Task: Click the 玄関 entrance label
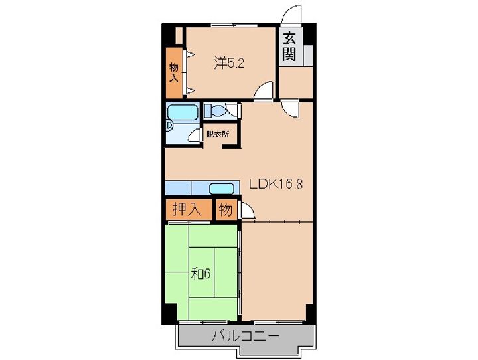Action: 289,46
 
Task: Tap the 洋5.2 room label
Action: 230,64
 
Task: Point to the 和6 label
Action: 201,273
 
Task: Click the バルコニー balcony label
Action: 246,335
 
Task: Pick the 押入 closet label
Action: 187,210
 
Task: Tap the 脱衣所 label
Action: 217,134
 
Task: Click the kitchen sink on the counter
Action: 222,188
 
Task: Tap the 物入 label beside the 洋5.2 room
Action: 173,72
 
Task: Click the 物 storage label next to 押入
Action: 226,210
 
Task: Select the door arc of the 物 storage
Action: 247,211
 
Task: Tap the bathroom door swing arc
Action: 195,135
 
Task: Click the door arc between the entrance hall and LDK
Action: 289,110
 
